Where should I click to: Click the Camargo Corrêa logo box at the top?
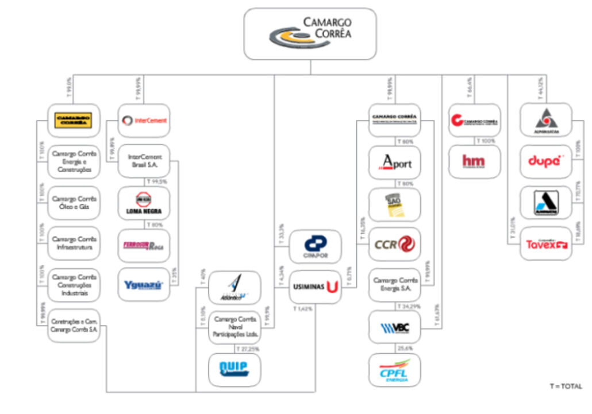pyautogui.click(x=310, y=34)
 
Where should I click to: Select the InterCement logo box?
pyautogui.click(x=144, y=121)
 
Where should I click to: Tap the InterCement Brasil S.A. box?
pyautogui.click(x=144, y=161)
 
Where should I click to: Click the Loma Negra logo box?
pyautogui.click(x=144, y=203)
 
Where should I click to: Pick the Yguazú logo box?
pyautogui.click(x=144, y=284)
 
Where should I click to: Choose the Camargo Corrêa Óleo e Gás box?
pyautogui.click(x=74, y=203)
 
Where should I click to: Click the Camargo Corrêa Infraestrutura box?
pyautogui.click(x=74, y=243)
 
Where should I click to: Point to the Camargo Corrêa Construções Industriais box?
pyautogui.click(x=74, y=285)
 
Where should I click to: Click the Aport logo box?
pyautogui.click(x=394, y=162)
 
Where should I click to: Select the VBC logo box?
pyautogui.click(x=394, y=327)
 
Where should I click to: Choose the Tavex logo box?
pyautogui.click(x=546, y=244)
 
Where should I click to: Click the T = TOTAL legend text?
pyautogui.click(x=566, y=386)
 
